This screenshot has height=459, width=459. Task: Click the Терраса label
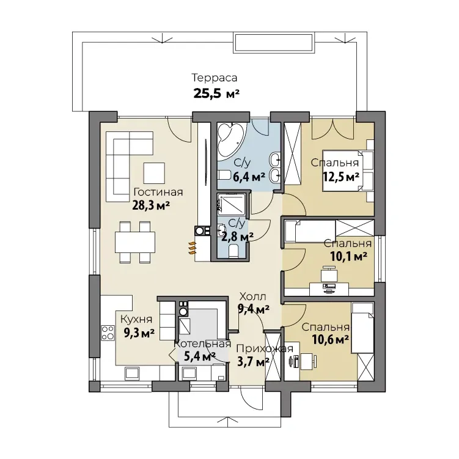[215, 78]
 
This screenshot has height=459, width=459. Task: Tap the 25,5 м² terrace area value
[216, 94]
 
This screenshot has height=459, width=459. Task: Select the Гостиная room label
[158, 192]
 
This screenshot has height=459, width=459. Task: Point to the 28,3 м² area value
[151, 205]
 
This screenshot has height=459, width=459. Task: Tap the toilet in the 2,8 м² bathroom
[233, 251]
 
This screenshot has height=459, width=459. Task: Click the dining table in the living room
[135, 242]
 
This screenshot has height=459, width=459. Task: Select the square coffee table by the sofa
[154, 173]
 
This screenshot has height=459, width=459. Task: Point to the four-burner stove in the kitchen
[108, 333]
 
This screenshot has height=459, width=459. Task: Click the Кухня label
[136, 319]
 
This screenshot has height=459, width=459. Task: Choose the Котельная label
[202, 343]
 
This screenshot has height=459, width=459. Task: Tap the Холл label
[252, 296]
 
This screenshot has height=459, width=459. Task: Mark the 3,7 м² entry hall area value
[253, 362]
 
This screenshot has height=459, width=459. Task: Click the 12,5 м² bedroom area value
[341, 177]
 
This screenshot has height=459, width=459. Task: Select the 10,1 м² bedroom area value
[348, 257]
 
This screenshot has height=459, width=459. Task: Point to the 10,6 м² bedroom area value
[330, 340]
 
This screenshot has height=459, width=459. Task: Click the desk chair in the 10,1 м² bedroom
[329, 274]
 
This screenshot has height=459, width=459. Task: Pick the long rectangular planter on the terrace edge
[274, 43]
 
